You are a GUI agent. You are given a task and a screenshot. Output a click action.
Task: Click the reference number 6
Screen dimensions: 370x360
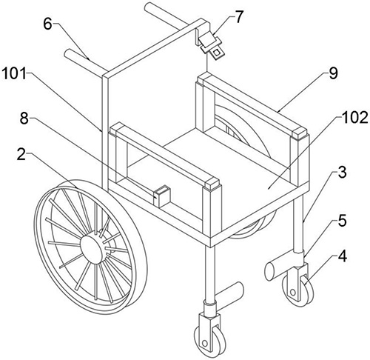click(48, 24)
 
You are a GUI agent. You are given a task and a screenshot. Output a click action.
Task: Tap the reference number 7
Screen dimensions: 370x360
click(238, 17)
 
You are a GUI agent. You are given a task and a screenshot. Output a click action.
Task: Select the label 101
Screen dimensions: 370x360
click(14, 73)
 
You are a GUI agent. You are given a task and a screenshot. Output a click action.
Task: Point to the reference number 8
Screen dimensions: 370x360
click(24, 119)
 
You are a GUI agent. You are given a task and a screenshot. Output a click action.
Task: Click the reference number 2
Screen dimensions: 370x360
click(21, 155)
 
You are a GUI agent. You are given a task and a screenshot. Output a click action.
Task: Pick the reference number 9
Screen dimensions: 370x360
click(333, 73)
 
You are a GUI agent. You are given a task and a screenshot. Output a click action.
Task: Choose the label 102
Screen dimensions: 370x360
click(354, 118)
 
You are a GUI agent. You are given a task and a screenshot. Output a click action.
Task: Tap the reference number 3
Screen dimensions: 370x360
click(342, 173)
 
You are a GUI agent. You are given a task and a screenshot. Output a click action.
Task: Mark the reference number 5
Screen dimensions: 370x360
click(342, 221)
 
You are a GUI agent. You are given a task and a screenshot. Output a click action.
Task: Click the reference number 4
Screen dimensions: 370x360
click(343, 256)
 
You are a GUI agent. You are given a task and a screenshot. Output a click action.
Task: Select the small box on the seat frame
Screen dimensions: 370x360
click(161, 196)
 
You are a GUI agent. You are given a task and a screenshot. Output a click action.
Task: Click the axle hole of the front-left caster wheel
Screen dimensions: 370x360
click(204, 344)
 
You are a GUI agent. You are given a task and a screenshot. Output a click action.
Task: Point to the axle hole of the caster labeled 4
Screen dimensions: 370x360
click(293, 293)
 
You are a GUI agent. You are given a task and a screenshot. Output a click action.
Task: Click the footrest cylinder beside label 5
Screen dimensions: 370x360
click(279, 268)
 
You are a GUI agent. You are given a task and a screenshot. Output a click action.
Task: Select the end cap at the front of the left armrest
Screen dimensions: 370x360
click(212, 183)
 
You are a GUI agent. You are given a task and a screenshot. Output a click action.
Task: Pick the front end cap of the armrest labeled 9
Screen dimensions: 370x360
click(299, 133)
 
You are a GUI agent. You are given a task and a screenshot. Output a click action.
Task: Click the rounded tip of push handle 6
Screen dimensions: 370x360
click(68, 53)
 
